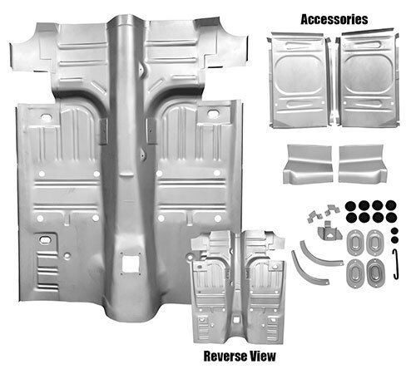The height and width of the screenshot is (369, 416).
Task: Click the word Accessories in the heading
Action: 334,19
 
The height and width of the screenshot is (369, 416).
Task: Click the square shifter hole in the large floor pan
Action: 130,263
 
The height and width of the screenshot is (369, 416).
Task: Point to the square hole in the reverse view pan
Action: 236,320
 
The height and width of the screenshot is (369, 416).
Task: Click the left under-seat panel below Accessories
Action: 298,81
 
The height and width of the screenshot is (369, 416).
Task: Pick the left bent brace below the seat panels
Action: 308,164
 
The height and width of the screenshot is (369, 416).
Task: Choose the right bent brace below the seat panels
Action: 363,164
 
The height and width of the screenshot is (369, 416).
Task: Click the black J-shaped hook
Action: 397,264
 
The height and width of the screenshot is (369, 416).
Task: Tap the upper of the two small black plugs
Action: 395,231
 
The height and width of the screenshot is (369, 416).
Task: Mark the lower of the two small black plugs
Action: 395,240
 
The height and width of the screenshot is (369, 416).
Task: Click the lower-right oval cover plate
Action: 374,272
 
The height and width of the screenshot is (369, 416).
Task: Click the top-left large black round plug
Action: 350,205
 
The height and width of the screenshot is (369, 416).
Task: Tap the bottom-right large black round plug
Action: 391,218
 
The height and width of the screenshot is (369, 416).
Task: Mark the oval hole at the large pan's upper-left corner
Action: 46,117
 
